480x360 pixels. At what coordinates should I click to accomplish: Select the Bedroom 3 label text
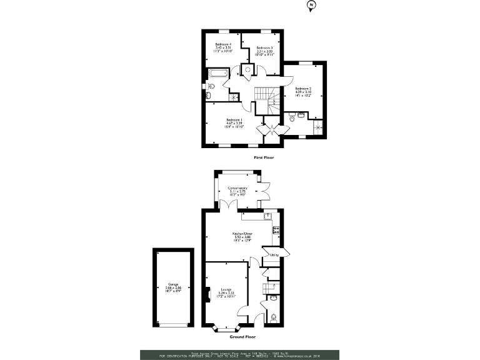(x=264, y=50)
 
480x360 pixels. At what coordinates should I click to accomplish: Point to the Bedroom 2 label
(x=303, y=91)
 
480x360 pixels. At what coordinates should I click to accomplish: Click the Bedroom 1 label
(x=234, y=122)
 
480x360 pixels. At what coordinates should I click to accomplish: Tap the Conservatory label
(x=237, y=191)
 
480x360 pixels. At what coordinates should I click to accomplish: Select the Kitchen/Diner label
(x=242, y=238)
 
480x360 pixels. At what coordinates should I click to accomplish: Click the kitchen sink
(x=268, y=216)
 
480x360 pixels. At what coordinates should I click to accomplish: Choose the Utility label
(x=274, y=255)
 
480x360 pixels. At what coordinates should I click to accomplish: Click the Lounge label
(x=226, y=291)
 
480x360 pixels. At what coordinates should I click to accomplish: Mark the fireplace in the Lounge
(x=207, y=294)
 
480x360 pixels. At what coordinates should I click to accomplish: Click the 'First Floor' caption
(x=264, y=157)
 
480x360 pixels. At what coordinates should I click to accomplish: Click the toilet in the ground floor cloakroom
(x=272, y=316)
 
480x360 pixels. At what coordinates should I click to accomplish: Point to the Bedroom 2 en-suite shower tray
(x=319, y=128)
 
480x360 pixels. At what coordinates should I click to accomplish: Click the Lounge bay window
(x=226, y=327)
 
